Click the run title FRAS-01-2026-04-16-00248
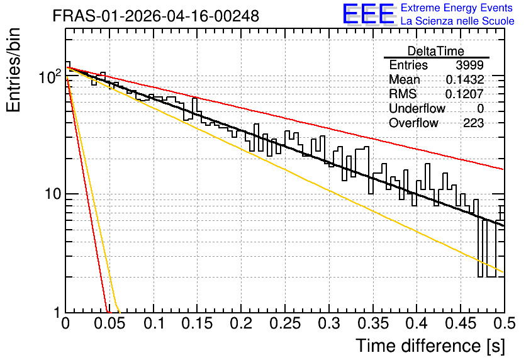point(155,16)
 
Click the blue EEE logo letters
point(368,14)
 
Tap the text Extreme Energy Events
point(457,8)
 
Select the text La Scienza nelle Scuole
point(457,21)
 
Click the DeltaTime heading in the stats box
point(436,51)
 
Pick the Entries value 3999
point(469,65)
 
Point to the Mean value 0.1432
point(464,79)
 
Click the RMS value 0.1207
point(464,94)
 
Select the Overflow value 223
point(473,123)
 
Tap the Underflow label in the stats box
point(417,108)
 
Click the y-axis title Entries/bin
point(13,70)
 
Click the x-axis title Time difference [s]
point(430,346)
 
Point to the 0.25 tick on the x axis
point(285,323)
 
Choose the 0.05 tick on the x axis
point(109,323)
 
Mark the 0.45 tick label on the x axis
point(461,323)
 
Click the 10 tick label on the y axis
point(53,194)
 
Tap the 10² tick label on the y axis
point(50,77)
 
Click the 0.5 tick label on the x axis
point(504,323)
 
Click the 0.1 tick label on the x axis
point(154,323)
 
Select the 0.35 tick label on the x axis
point(373,323)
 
